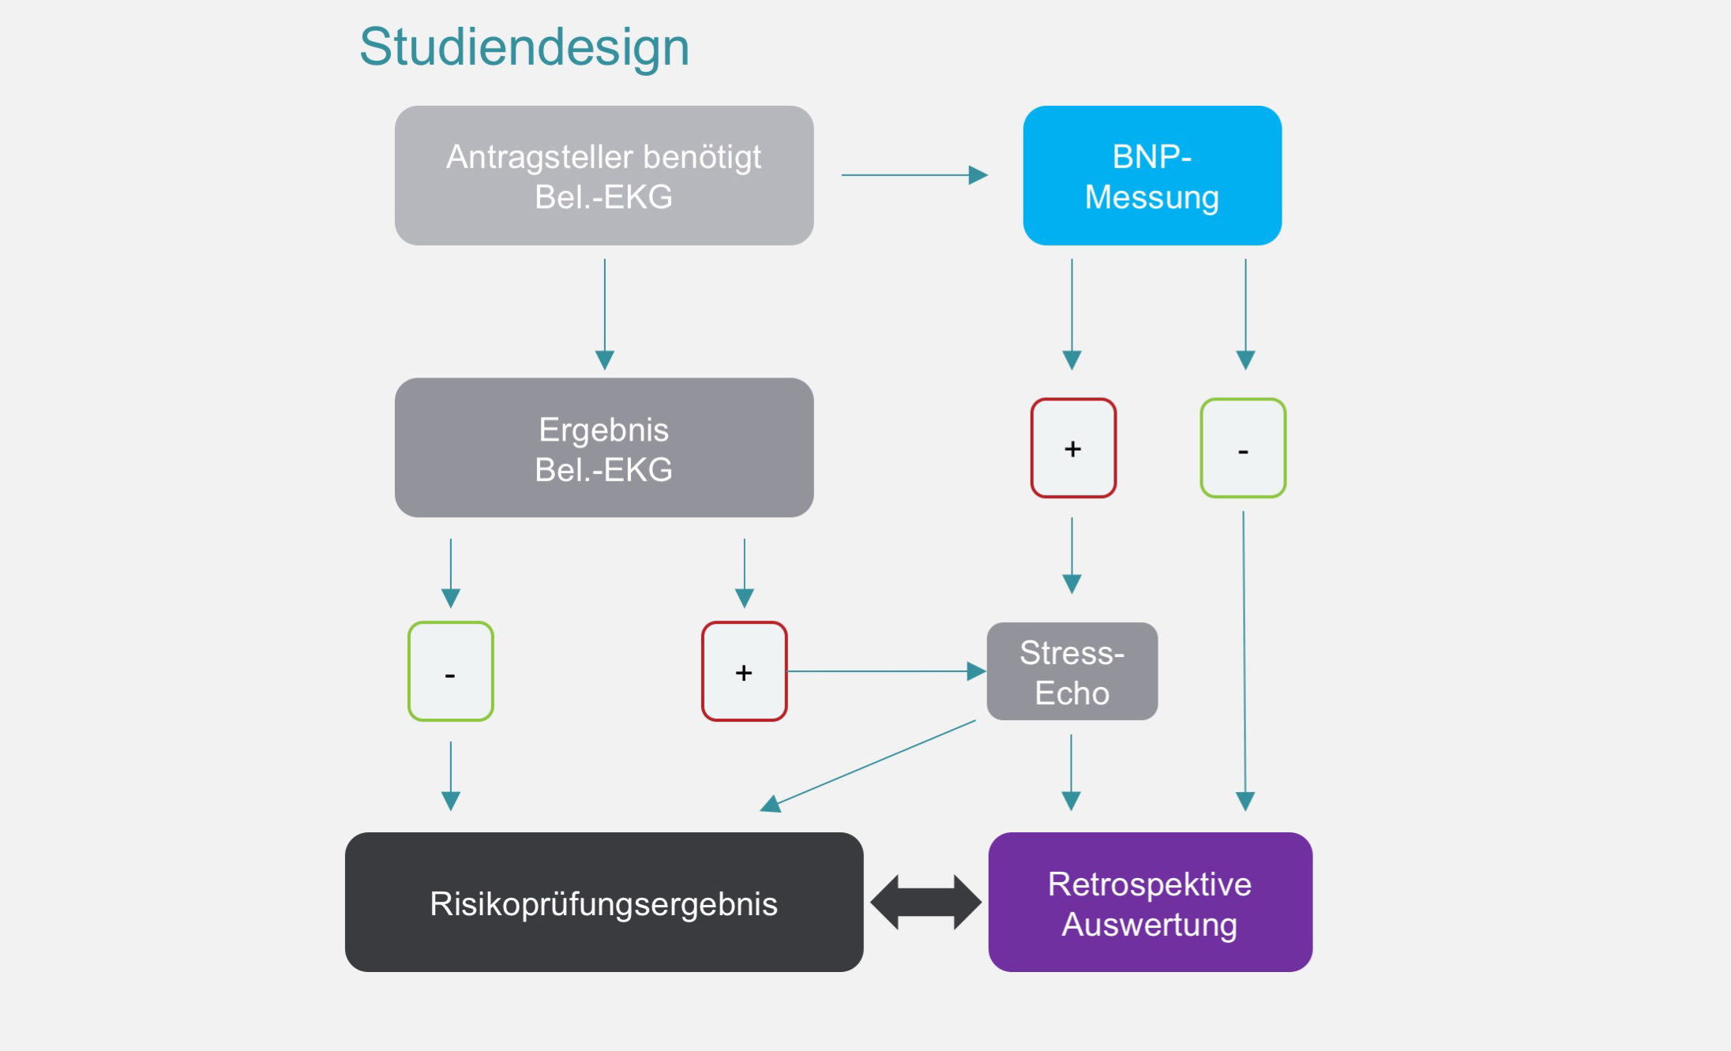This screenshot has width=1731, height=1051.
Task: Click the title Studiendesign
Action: (524, 47)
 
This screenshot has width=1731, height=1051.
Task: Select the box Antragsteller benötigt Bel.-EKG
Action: (604, 175)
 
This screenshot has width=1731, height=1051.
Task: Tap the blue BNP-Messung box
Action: (1151, 175)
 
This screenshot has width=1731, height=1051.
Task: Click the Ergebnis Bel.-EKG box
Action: (604, 448)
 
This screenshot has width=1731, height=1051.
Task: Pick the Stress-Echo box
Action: (1072, 671)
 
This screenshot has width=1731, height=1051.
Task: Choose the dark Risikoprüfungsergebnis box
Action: (604, 902)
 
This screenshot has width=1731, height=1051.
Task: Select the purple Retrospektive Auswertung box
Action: (1150, 902)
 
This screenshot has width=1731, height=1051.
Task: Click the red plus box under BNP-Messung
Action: (1073, 448)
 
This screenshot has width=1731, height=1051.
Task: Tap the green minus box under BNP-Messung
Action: (1243, 448)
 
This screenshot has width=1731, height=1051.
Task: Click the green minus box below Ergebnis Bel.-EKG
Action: (451, 671)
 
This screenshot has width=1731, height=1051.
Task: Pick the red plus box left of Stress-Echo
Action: (744, 671)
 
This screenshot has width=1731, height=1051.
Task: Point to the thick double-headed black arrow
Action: (926, 902)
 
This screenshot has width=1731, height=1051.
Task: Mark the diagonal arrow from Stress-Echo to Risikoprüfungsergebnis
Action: (869, 764)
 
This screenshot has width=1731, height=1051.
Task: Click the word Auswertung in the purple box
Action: (1149, 924)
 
